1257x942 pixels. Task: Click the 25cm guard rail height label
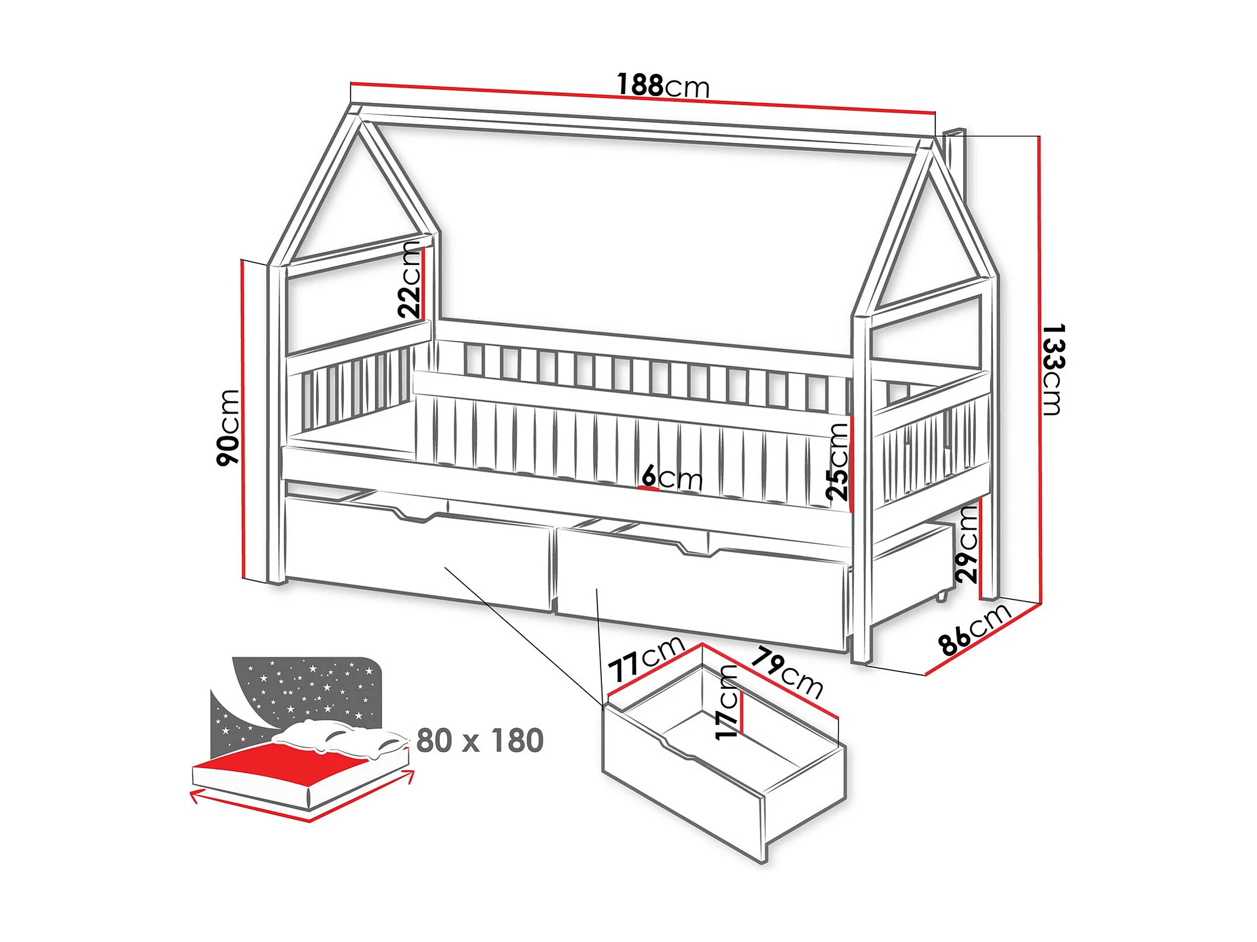837,461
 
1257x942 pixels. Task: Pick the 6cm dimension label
672,477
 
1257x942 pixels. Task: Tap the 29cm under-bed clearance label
967,543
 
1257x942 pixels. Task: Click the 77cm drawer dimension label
646,658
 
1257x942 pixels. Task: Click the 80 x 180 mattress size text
480,741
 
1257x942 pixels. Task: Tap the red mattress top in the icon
280,760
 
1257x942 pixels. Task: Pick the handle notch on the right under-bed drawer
696,549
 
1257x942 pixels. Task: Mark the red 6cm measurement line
648,489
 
